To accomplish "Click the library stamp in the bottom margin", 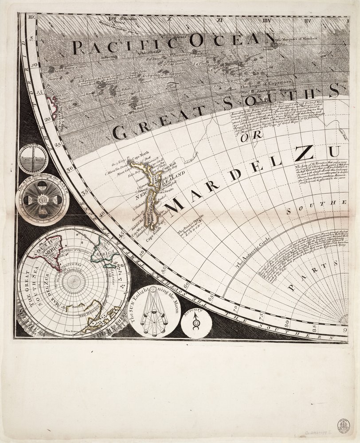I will click(344, 426).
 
